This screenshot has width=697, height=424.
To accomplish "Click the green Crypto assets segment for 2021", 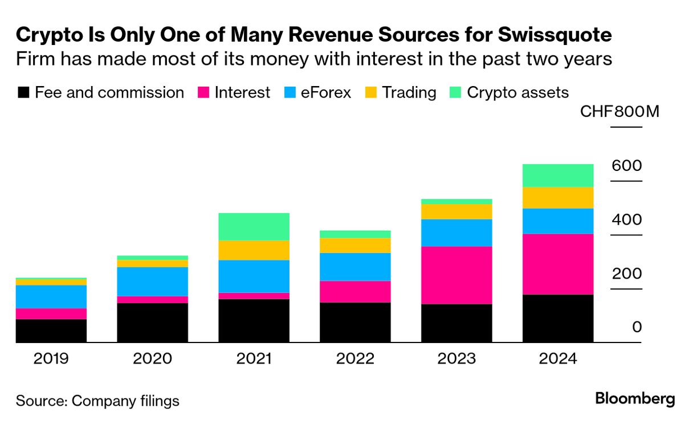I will point(254,226).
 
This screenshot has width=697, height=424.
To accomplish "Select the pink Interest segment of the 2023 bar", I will point(456,275).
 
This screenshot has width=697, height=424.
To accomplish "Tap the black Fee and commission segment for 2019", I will point(51,331).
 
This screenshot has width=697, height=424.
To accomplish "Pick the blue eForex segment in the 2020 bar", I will point(152,282).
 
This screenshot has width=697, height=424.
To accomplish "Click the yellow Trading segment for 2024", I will point(558,198).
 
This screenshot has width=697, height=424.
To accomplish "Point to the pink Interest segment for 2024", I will point(558,264).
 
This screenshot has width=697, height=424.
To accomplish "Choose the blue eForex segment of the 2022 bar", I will point(355,267).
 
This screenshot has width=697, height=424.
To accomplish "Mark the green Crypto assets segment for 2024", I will point(558,176).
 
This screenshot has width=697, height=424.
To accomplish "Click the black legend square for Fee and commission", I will point(23,93).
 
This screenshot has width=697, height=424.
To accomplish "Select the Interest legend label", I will point(242,93).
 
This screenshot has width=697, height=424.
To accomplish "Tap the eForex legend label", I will point(325,93).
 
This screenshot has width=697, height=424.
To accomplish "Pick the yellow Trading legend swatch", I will point(370,93).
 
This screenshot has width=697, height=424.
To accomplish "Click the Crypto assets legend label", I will point(517,93).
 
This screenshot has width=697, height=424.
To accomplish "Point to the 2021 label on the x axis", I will point(254,359).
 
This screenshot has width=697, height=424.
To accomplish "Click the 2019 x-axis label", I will point(51,359).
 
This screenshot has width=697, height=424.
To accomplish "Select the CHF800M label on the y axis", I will point(619,111).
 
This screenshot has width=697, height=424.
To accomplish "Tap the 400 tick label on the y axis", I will point(626,220).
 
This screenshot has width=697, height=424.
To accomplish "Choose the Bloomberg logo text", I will point(635,399).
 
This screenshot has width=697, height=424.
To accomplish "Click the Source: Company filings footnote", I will point(97,401).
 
